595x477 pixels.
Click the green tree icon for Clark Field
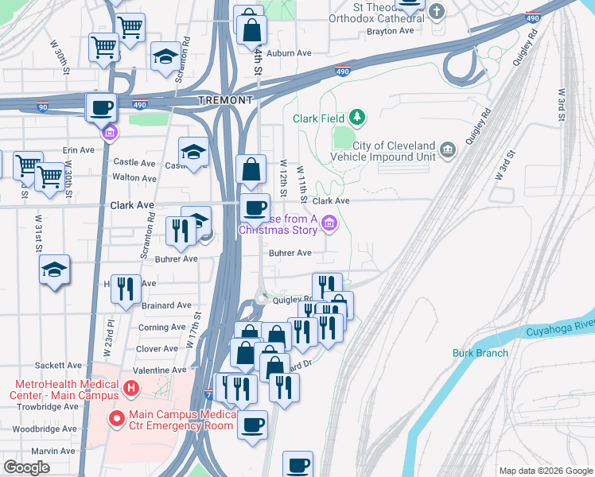[x=358, y=118]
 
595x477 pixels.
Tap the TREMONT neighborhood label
[x=225, y=100]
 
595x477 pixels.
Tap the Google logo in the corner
[x=26, y=467]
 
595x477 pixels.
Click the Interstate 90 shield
[x=42, y=105]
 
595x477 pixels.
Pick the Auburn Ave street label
[x=289, y=53]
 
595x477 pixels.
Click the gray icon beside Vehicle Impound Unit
[x=448, y=149]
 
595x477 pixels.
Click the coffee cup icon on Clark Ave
[x=255, y=208]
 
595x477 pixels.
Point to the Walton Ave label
[x=134, y=178]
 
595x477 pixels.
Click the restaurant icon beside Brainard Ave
[x=126, y=288]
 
